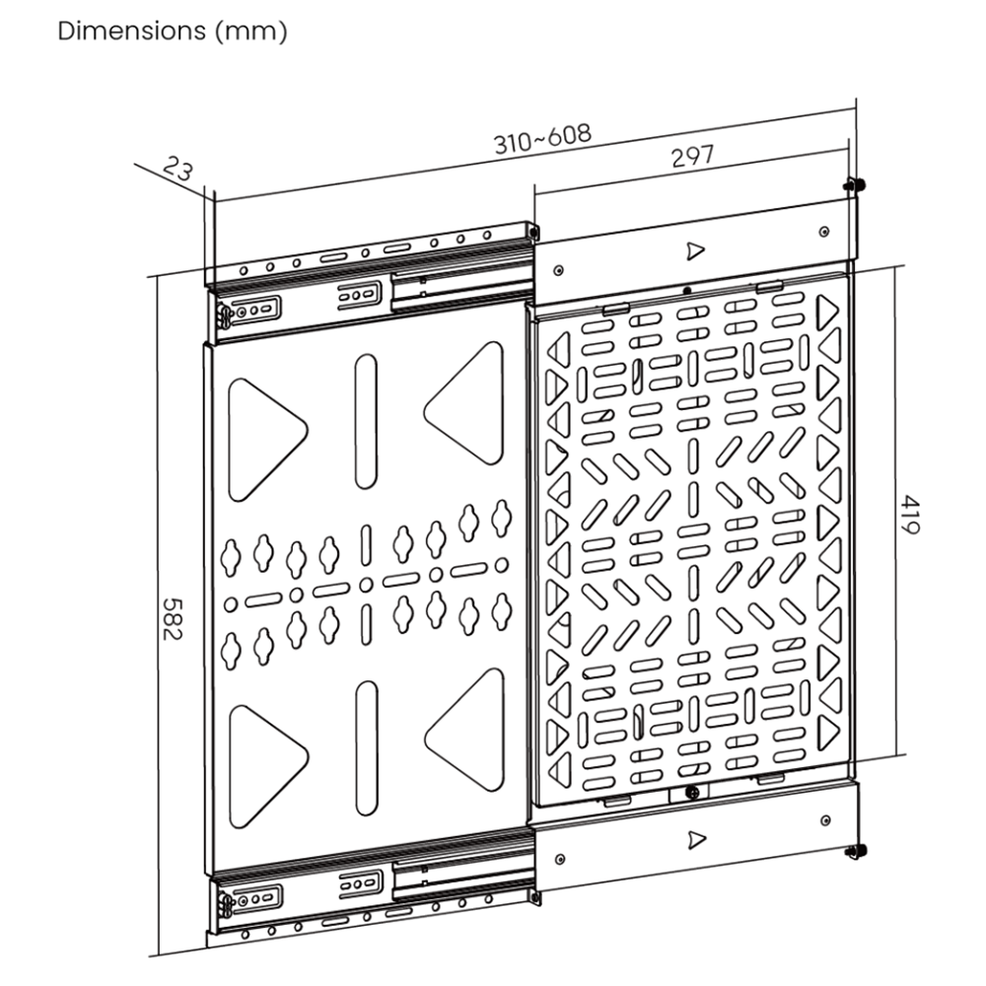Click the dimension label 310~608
pos(542,138)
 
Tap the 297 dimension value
pos(692,158)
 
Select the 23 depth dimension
pos(177,169)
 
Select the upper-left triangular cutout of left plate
pos(262,434)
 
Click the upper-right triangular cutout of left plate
pos(469,403)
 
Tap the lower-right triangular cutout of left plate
pos(469,730)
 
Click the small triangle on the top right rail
pos(696,250)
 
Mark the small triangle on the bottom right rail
pos(698,839)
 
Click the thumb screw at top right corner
pos(853,184)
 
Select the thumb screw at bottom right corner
pos(856,851)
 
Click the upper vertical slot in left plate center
pos(366,420)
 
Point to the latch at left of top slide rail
pos(225,315)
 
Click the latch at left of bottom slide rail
pos(226,902)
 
